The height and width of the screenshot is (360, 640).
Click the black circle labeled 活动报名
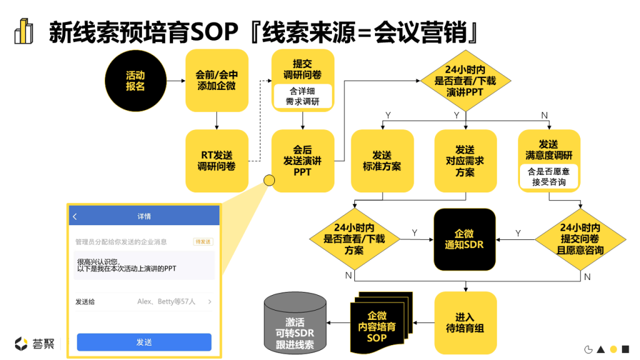click(135, 81)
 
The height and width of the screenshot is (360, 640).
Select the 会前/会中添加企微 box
click(216, 81)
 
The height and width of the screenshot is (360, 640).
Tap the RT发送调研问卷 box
click(216, 161)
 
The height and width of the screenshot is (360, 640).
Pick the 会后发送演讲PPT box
click(302, 161)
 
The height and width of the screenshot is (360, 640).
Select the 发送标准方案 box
click(382, 161)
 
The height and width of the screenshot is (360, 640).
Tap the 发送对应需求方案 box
click(464, 161)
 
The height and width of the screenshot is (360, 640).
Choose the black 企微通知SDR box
click(464, 239)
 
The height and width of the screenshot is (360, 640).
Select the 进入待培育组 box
click(466, 322)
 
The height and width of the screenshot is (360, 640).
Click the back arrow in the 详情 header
click(75, 217)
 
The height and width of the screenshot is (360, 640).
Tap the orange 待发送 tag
click(204, 241)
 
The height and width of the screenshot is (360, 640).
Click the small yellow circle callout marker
click(269, 181)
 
